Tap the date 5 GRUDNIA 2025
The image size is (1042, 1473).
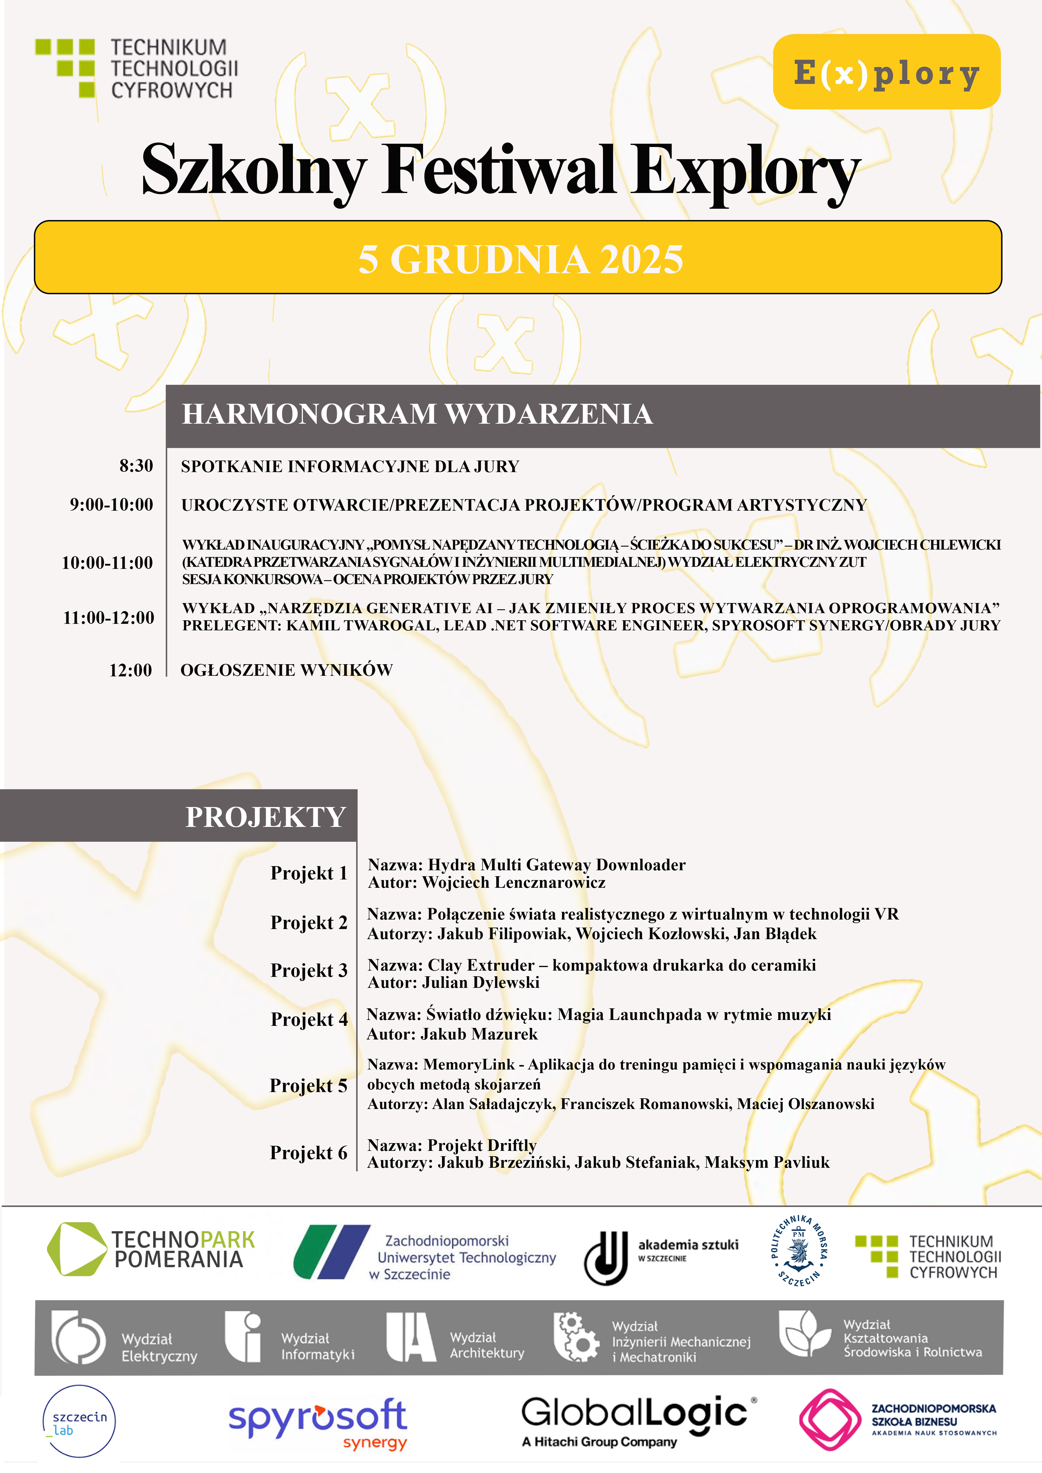tap(520, 259)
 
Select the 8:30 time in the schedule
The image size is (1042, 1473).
tap(136, 466)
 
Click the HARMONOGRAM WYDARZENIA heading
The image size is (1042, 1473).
tap(417, 414)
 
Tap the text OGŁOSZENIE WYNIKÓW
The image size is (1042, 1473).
tap(286, 670)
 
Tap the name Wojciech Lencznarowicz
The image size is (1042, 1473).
tap(513, 883)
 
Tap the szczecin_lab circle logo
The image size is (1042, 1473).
tap(79, 1421)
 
